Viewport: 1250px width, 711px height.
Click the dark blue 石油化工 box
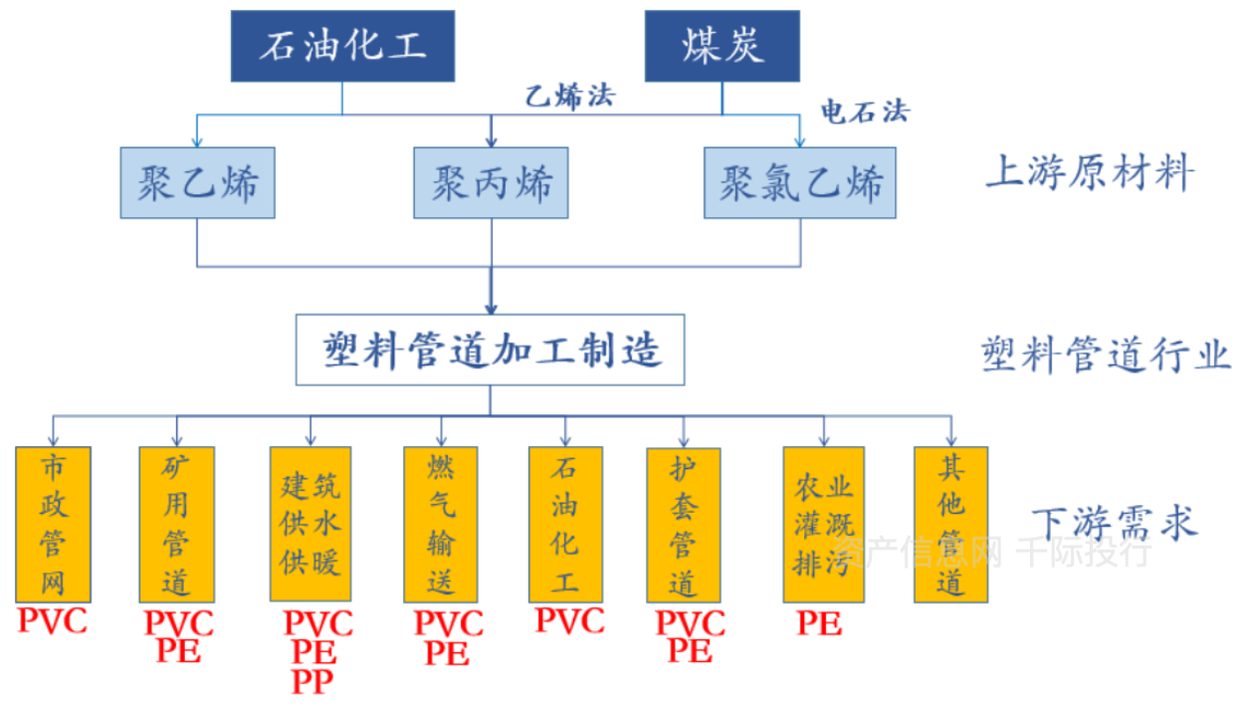tap(342, 47)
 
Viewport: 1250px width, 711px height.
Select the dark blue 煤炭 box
tap(723, 47)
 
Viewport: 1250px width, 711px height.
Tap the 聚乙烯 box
tap(198, 183)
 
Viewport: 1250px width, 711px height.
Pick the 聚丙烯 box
tap(492, 183)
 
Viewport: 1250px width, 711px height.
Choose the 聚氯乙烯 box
tap(799, 183)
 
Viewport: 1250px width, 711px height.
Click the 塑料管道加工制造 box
tap(490, 351)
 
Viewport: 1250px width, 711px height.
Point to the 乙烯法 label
tap(570, 97)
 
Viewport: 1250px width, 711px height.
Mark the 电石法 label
tap(864, 112)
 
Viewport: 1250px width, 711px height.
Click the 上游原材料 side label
tap(1089, 175)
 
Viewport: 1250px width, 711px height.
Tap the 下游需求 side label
tap(1113, 523)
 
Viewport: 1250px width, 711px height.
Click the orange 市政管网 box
tap(54, 524)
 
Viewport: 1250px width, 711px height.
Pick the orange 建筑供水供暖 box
tap(311, 524)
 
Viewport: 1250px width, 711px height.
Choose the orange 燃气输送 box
tap(441, 524)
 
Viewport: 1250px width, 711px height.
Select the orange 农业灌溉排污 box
tap(822, 524)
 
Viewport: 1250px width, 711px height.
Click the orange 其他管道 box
tap(950, 524)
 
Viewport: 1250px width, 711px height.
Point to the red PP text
tap(312, 682)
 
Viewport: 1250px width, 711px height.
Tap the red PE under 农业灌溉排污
tap(819, 624)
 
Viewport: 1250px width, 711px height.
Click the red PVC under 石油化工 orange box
tap(569, 621)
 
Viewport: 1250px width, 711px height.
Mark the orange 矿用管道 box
tap(176, 524)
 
